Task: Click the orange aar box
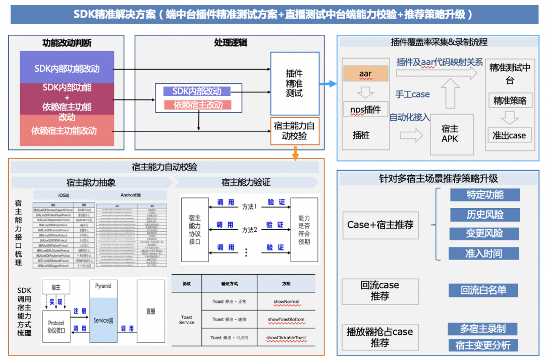pos(365,74)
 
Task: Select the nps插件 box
pos(365,109)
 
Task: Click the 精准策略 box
pos(510,100)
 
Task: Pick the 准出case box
pos(509,135)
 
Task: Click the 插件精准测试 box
pos(295,83)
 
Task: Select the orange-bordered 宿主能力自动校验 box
pos(295,131)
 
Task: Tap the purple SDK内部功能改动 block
pos(67,69)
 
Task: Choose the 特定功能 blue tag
pos(484,195)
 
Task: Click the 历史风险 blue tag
pos(484,215)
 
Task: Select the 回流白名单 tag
pos(483,290)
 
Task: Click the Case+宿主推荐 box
pos(380,225)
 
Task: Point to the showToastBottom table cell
pos(286,320)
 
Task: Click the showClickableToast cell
pos(286,337)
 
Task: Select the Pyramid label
pos(103,286)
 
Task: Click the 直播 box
pos(150,312)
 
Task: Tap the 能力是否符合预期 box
pos(304,230)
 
